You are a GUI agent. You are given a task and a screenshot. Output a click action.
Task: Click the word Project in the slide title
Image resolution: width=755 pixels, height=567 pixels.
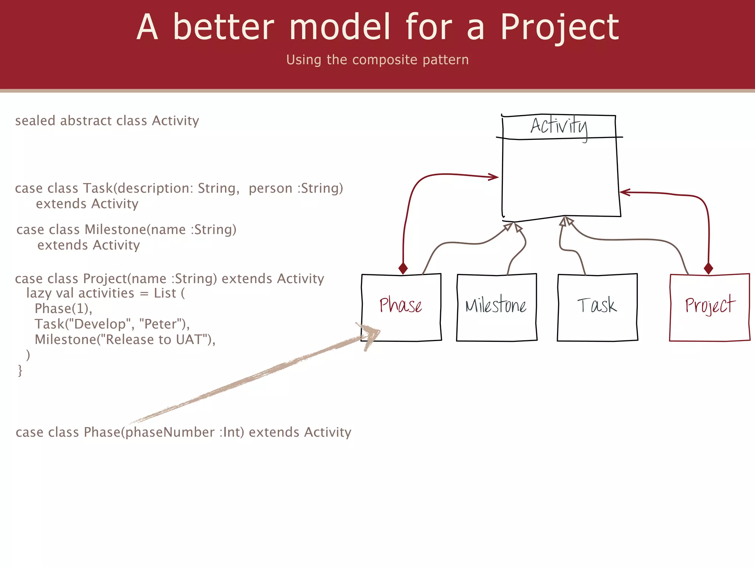(559, 28)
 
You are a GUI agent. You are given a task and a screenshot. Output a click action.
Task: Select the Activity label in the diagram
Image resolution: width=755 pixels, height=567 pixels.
(559, 127)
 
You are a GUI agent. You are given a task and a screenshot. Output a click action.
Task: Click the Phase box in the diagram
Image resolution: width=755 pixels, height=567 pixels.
(401, 307)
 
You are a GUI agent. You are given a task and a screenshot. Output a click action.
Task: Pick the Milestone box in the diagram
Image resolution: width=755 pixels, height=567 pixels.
(496, 307)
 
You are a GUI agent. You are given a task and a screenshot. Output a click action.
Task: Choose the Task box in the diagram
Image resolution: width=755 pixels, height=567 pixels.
(597, 307)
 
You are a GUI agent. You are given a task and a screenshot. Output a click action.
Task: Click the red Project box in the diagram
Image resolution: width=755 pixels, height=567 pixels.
(710, 307)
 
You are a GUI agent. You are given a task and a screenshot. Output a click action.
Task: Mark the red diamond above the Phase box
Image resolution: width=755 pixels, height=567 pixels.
(403, 268)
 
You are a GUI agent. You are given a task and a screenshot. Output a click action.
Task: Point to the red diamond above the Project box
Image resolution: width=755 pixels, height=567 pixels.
(708, 268)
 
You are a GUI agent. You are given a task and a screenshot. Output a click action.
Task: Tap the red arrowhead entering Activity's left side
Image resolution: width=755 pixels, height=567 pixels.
(494, 177)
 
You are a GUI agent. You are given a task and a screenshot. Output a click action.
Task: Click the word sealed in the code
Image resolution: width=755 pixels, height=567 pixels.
(35, 121)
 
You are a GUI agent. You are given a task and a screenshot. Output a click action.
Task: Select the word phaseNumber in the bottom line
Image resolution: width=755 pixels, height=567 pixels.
(170, 432)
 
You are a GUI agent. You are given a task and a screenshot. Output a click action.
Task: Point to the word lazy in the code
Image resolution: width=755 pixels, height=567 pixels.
(39, 293)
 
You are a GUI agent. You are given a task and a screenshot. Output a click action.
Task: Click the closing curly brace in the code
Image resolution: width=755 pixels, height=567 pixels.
(20, 370)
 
